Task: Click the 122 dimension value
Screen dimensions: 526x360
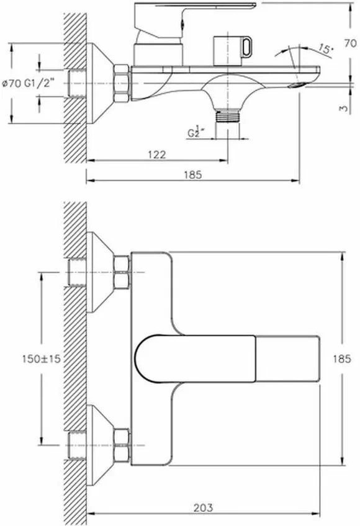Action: tap(157, 155)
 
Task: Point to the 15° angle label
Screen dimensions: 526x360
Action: tap(323, 48)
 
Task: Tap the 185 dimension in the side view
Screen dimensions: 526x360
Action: tap(193, 175)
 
